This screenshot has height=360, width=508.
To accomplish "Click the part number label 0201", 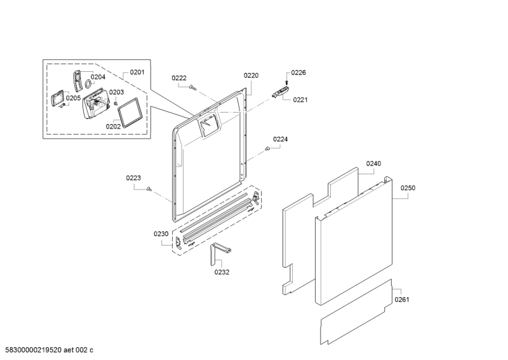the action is point(137,72).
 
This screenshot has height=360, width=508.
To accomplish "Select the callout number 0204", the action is point(98,77).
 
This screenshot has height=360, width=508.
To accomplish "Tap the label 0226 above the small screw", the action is point(298,73).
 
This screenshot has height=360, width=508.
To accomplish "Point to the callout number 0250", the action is point(408,188).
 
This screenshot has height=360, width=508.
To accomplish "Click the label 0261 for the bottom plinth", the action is point(402,300).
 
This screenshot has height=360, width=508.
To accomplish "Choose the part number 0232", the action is point(222,272).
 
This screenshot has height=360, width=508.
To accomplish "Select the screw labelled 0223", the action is point(149,189).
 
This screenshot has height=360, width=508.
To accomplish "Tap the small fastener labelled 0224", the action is point(267,149).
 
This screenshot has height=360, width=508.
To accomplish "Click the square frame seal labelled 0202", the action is point(130,113).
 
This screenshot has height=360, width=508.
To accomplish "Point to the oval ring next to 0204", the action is point(88,84).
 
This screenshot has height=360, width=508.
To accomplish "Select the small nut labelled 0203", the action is point(115,103).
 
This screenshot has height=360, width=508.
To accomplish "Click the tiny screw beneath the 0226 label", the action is point(286,83).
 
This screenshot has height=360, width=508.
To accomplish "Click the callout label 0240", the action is point(373,163).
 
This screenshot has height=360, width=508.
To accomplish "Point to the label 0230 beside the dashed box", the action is point(161,233).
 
